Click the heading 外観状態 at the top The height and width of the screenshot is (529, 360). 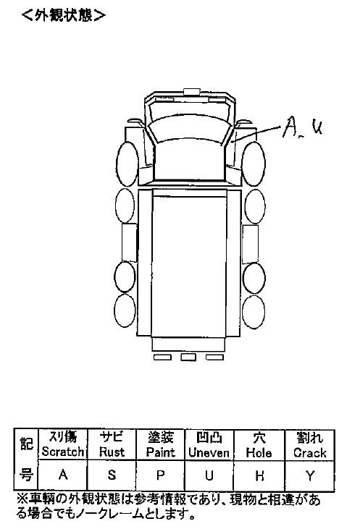point(64,15)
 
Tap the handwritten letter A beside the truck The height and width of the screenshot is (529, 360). point(289,127)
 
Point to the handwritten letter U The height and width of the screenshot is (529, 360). point(317,127)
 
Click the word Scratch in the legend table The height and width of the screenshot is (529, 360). point(63,452)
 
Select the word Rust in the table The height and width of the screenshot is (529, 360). point(112,452)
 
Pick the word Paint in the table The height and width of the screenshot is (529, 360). point(160,452)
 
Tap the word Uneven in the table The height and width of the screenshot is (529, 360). point(209,452)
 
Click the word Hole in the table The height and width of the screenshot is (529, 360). point(259,452)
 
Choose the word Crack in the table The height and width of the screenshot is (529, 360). point(310,452)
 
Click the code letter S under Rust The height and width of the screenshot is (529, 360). point(112,475)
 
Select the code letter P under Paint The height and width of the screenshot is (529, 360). point(160,475)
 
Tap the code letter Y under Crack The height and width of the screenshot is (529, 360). point(310,475)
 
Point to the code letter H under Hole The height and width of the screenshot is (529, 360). point(259,475)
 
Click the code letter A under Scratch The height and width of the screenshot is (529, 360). point(63,475)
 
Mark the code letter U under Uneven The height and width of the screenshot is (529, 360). point(209,475)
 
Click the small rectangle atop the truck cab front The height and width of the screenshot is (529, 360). point(192,91)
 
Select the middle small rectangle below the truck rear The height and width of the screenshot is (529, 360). point(188,357)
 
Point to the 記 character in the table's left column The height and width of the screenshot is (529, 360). point(26,444)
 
